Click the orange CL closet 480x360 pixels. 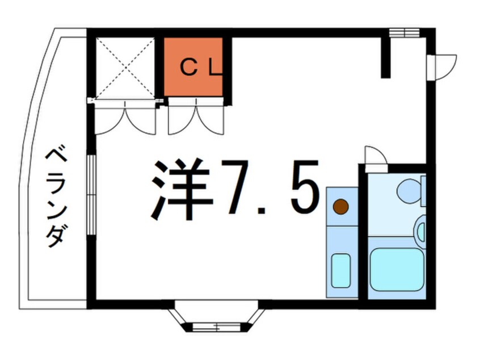click(193, 67)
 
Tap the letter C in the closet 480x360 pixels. click(188, 68)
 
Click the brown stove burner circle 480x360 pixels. click(341, 207)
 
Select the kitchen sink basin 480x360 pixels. click(341, 270)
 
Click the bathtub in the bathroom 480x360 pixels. click(396, 269)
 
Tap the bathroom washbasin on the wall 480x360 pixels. click(420, 229)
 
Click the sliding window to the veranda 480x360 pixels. click(91, 195)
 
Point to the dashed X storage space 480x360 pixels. click(125, 68)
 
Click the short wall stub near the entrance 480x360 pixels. click(386, 57)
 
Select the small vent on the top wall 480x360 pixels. click(404, 32)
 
